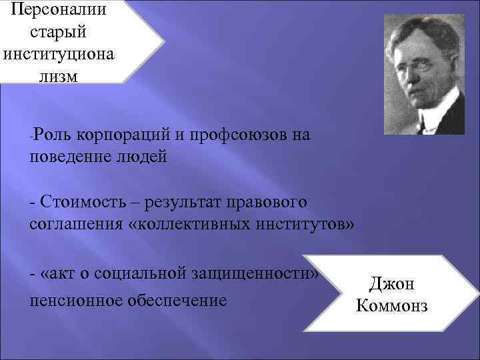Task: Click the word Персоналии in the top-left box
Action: coord(58,11)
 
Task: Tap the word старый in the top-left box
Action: coord(58,33)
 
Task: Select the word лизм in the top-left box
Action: coord(58,75)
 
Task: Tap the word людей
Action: coord(143,157)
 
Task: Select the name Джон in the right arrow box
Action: coord(391,285)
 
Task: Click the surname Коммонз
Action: coord(391,306)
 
